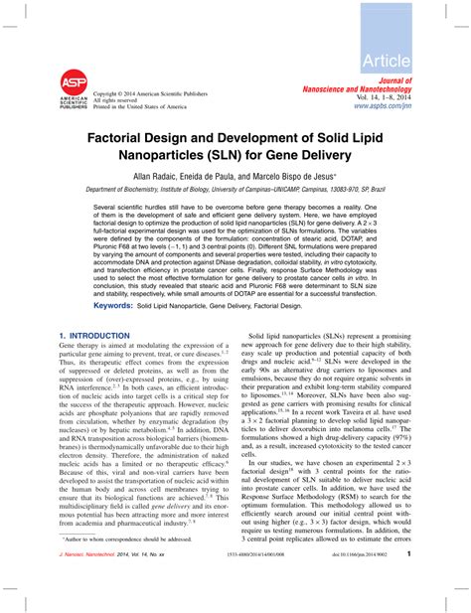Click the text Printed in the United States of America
click(x=139, y=105)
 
